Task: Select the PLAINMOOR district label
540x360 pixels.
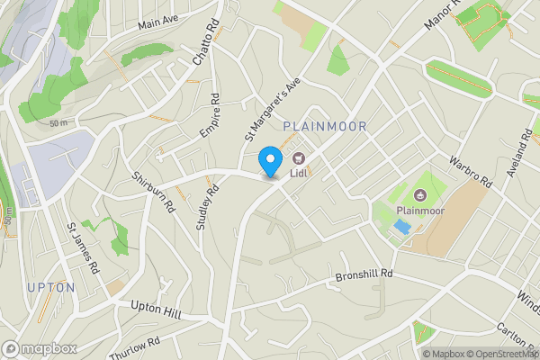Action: tap(325, 127)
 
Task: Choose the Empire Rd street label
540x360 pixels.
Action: tap(209, 116)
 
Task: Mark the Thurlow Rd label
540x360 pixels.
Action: tap(134, 348)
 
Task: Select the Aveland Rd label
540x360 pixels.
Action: tap(520, 153)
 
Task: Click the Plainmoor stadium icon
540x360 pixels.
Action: tap(419, 194)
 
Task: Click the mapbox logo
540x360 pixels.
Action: tap(40, 348)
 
